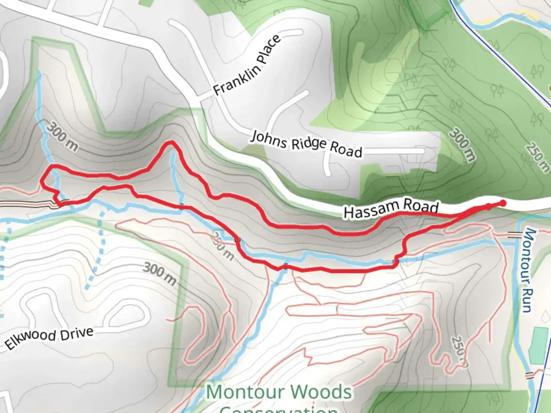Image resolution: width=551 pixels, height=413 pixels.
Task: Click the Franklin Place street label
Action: [x=247, y=65]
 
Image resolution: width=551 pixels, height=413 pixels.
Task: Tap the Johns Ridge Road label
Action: [x=306, y=144]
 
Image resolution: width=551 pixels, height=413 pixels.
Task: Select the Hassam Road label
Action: [x=391, y=208]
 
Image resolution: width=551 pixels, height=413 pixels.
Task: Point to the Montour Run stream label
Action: [x=528, y=270]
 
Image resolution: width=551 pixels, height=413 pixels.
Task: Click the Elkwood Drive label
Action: [x=49, y=338]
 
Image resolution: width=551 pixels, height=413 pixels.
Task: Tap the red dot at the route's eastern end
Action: [x=503, y=203]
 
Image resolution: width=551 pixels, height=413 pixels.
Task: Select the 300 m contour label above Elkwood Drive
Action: [x=160, y=274]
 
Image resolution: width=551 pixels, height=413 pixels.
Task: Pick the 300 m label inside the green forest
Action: [x=462, y=144]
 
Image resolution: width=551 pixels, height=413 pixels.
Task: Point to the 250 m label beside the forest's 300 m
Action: [x=537, y=157]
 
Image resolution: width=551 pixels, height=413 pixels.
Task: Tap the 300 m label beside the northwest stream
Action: [x=62, y=136]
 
